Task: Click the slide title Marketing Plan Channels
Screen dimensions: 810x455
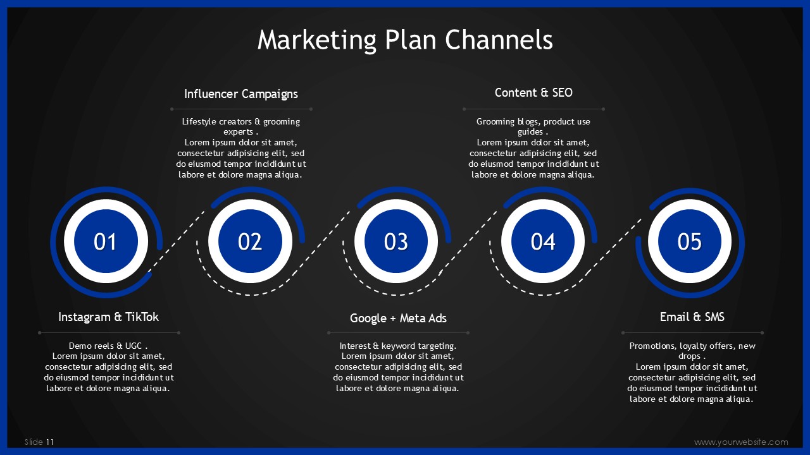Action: pos(405,40)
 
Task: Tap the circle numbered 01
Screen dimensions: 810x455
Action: pos(106,241)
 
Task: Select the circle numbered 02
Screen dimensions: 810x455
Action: pos(250,241)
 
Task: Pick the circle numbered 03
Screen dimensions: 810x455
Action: pos(396,241)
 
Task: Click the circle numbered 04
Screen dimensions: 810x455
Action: pos(543,241)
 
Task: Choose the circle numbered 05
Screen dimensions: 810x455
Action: pos(690,241)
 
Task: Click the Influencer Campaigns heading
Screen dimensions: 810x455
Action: pos(241,94)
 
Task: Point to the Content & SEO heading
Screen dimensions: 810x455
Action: pos(533,92)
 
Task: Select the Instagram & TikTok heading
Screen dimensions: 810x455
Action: pos(108,317)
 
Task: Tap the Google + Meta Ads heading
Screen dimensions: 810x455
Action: pos(398,318)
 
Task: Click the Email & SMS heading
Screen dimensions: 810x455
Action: pos(692,317)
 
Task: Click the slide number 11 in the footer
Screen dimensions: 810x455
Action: pos(50,442)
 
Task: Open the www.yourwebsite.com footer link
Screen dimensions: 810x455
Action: pos(741,442)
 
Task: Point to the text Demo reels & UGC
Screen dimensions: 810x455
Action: pos(108,346)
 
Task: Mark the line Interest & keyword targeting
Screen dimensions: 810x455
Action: pos(398,346)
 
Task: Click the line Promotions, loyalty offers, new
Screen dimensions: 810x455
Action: pos(692,346)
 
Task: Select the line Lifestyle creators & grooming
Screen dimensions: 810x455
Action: pos(241,122)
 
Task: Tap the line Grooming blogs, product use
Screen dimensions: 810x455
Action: pos(533,122)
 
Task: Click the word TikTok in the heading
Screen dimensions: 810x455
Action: pos(142,317)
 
